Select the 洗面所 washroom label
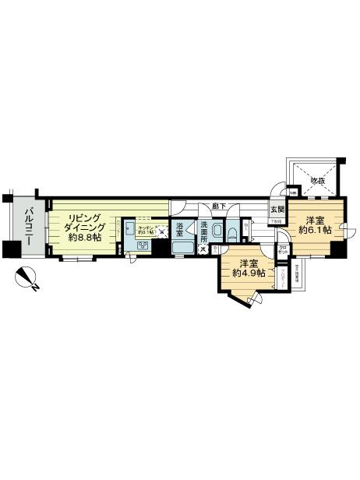coord(203,234)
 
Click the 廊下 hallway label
coord(219,206)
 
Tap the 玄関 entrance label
coord(277,210)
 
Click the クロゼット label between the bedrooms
coord(283,251)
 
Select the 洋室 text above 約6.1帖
coord(316,218)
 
